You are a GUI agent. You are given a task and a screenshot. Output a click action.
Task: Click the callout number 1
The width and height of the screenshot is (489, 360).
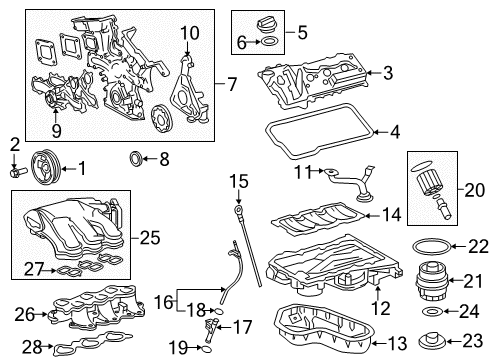[x=83, y=168]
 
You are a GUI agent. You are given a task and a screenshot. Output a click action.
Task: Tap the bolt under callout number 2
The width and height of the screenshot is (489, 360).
[x=14, y=171]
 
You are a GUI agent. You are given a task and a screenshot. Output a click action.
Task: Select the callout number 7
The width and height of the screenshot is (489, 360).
[x=232, y=86]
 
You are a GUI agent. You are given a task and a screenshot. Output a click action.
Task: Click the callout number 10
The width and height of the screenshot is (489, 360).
[x=190, y=33]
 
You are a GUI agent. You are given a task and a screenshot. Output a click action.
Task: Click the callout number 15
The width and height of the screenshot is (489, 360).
[x=238, y=181]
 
